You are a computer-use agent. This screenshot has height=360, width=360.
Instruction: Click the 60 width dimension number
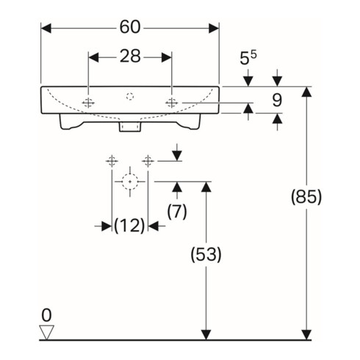pyautogui.click(x=130, y=27)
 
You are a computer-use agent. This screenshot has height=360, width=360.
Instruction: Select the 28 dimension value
pyautogui.click(x=130, y=57)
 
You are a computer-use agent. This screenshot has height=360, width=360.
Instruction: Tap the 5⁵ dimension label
pyautogui.click(x=248, y=57)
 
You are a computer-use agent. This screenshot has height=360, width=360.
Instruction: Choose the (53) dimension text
pyautogui.click(x=206, y=255)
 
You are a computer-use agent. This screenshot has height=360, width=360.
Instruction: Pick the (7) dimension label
pyautogui.click(x=176, y=210)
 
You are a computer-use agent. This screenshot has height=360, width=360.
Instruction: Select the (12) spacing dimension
pyautogui.click(x=129, y=226)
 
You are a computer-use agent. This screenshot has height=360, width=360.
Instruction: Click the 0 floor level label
pyautogui.click(x=46, y=316)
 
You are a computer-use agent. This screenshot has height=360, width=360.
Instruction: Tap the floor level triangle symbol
pyautogui.click(x=47, y=331)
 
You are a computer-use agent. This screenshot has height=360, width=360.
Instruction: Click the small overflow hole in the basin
pyautogui.click(x=130, y=95)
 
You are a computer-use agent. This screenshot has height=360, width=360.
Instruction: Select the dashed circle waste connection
pyautogui.click(x=130, y=180)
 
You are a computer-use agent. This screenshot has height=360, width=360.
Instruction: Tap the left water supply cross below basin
pyautogui.click(x=112, y=160)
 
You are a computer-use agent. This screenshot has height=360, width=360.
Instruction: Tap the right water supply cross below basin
pyautogui.click(x=148, y=160)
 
